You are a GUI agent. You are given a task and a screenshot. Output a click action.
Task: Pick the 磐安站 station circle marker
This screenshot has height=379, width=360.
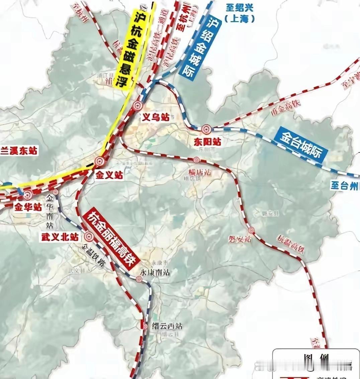click(251, 230)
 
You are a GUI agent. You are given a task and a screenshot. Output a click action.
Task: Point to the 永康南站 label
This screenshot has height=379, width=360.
click(155, 272)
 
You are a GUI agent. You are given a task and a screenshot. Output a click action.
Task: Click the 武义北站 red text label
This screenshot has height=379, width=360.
click(60, 237)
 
